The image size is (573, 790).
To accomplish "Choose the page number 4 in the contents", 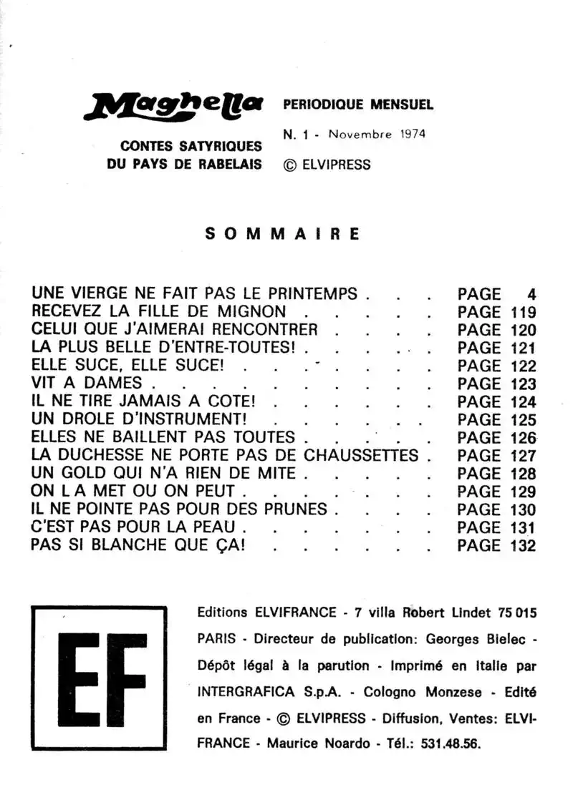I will tap(531, 294).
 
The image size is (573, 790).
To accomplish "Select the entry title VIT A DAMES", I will tap(87, 384).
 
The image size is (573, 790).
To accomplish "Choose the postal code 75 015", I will tap(516, 613).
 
